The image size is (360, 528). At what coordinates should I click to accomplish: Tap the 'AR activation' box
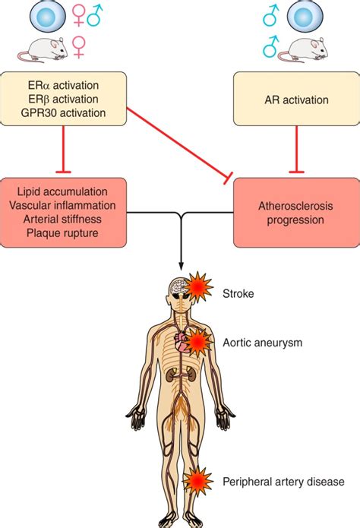tap(295, 100)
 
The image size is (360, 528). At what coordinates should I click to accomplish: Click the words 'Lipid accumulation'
tap(65, 191)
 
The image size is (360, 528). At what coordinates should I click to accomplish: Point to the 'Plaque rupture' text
tap(65, 234)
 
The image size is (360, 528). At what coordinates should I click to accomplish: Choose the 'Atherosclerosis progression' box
tap(295, 213)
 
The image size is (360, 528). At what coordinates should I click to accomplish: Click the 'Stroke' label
tap(237, 292)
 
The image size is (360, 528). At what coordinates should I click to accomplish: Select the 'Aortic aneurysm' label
tap(263, 343)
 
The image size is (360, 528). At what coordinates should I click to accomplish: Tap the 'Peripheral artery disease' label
tap(283, 482)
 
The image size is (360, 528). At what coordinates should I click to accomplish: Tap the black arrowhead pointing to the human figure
tap(180, 268)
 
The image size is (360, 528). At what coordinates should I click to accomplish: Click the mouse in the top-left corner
tap(43, 49)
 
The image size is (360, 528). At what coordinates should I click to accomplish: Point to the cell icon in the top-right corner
tap(302, 15)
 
